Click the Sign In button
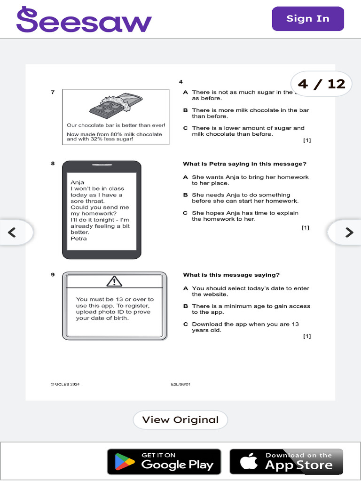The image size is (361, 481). tap(308, 19)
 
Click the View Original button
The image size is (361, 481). tap(180, 420)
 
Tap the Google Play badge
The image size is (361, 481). tap(164, 461)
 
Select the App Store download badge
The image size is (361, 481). tap(286, 461)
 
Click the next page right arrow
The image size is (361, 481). tap(348, 232)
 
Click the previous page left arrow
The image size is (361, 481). tap(13, 232)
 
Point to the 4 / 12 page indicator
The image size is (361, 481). tap(322, 84)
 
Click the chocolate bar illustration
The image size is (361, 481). tap(115, 107)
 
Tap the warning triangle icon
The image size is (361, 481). tap(114, 281)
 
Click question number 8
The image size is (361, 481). tap(53, 163)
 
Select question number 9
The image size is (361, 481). tap(53, 275)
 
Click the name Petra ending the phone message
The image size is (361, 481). tap(78, 238)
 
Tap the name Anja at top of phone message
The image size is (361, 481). tap(77, 182)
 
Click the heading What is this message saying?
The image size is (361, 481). tap(231, 275)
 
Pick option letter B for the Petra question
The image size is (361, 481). tap(186, 195)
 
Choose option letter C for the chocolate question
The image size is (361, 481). tap(186, 128)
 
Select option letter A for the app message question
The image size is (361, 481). tap(186, 288)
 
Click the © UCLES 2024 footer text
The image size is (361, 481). tap(65, 384)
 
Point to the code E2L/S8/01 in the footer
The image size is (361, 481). tap(180, 384)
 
